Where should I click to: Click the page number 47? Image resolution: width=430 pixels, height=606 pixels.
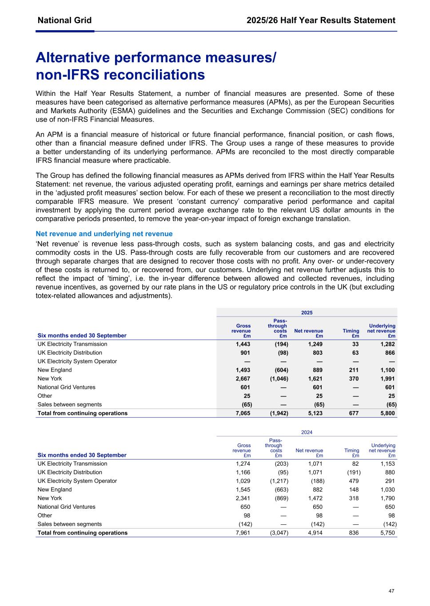click(x=391, y=591)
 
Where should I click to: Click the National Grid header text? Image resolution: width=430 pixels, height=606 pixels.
click(x=64, y=20)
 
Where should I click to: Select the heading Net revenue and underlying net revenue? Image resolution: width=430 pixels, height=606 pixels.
click(x=104, y=234)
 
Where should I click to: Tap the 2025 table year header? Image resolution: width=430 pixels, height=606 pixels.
click(x=307, y=313)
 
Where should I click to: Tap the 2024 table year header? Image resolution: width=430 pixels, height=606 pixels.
click(x=307, y=432)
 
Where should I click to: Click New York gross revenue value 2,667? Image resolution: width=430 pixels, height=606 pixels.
click(x=243, y=379)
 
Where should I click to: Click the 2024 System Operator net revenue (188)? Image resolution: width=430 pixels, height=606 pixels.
click(x=317, y=481)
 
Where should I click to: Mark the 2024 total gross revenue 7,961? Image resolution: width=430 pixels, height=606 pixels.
click(x=243, y=533)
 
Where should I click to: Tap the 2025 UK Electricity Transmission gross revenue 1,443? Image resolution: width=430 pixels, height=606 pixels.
click(x=243, y=344)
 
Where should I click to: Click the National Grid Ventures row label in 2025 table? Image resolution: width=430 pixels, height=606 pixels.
click(x=66, y=387)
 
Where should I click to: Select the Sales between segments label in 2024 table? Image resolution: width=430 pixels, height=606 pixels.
click(x=69, y=524)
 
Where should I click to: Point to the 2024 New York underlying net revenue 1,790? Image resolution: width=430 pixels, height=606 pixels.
click(x=387, y=498)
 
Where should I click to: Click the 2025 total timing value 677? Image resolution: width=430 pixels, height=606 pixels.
click(x=354, y=413)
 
